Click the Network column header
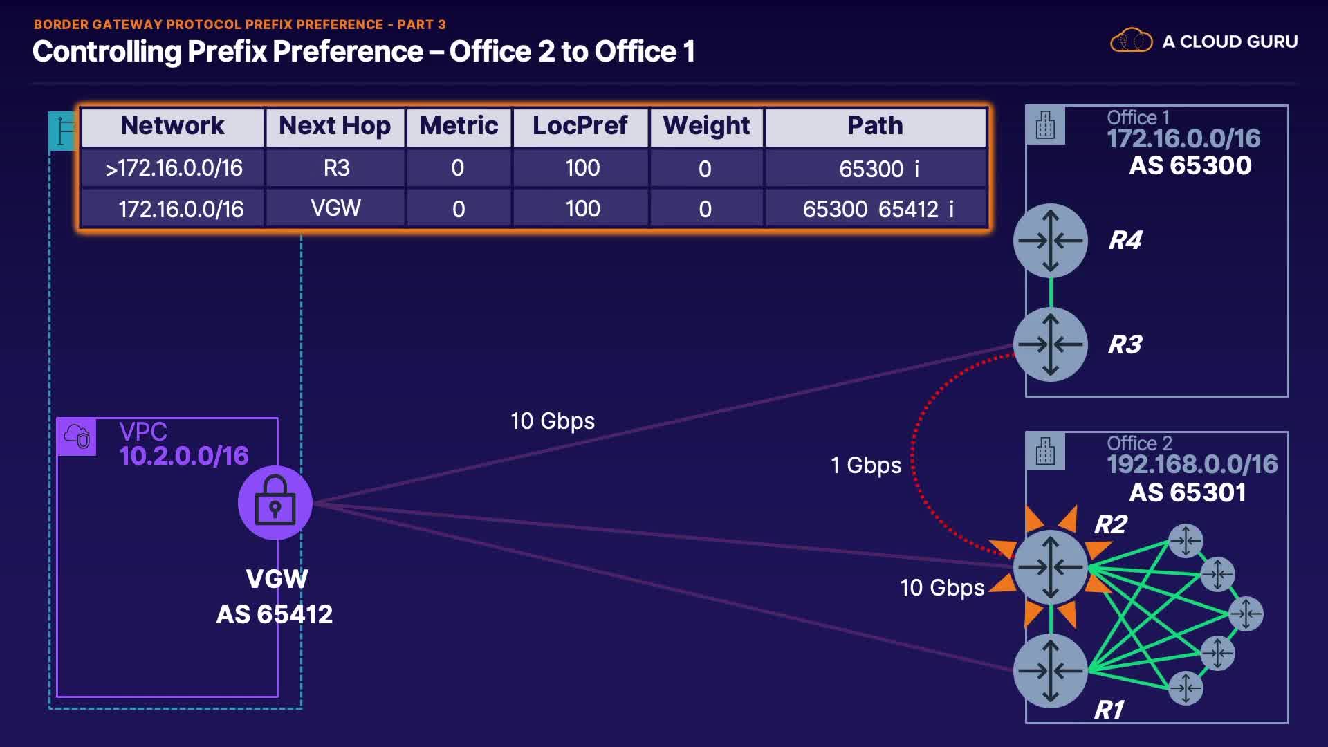pos(172,127)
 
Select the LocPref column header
pos(580,127)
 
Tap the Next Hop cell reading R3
pos(336,168)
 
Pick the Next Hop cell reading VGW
pos(335,208)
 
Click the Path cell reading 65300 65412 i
pos(877,209)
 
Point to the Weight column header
pos(706,127)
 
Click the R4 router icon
pos(1050,241)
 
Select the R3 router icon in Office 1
pos(1050,344)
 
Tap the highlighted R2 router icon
pos(1050,567)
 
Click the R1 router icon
pos(1050,670)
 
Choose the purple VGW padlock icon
pos(275,503)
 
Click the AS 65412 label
pos(275,614)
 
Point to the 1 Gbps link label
pos(866,465)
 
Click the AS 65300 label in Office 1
pos(1190,166)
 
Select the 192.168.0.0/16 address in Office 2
pos(1192,465)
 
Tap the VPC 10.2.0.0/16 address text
pos(183,456)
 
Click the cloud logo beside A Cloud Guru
pos(1131,41)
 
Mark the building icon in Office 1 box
pos(1045,125)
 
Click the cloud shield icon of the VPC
pos(76,436)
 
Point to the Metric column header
pos(458,127)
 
